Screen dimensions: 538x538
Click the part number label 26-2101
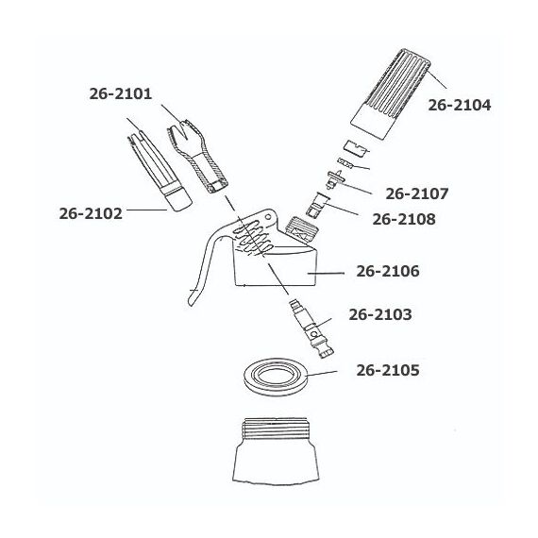click(x=121, y=93)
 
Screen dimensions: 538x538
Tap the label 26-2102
click(x=91, y=213)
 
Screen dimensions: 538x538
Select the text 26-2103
click(x=380, y=314)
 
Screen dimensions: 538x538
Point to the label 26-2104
click(x=460, y=105)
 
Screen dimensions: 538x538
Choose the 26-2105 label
click(x=388, y=370)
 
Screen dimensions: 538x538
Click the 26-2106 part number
click(x=388, y=271)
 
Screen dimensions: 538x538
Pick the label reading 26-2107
click(x=417, y=193)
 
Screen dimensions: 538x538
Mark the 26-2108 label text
click(x=404, y=219)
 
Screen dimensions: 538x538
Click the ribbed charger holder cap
click(x=391, y=93)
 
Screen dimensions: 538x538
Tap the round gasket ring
click(x=276, y=387)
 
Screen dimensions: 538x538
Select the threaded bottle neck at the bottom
click(x=276, y=451)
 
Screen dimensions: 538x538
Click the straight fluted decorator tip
click(x=159, y=165)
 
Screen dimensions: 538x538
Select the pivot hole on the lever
click(x=268, y=216)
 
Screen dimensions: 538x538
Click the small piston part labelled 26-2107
click(x=334, y=178)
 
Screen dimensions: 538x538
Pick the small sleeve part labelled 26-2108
click(x=317, y=205)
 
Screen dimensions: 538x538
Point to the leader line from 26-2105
click(x=322, y=374)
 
